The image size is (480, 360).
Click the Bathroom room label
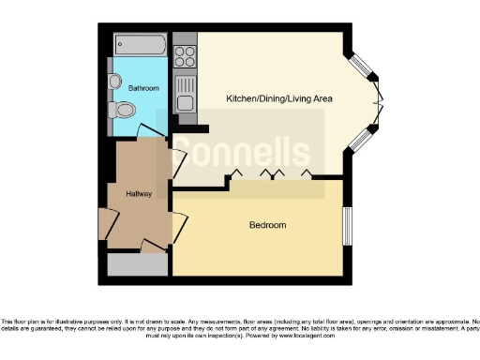[x=143, y=88]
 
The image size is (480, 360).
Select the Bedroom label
[x=267, y=226]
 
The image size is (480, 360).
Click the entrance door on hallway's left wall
[x=103, y=224]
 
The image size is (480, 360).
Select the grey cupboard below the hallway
[x=137, y=265]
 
